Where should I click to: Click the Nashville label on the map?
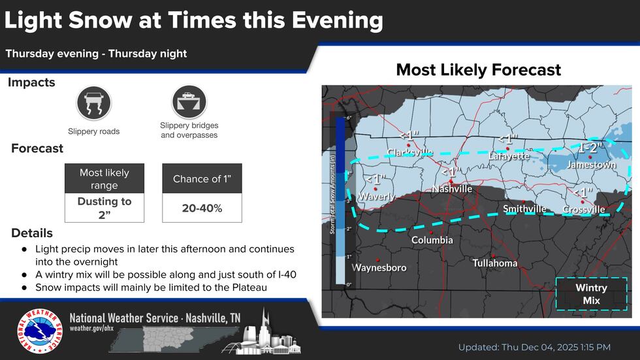[452, 189]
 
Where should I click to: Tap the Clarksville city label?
[409, 153]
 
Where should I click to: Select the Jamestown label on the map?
[591, 165]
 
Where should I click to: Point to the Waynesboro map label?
[379, 268]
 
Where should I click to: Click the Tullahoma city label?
[495, 263]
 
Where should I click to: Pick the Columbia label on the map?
[432, 240]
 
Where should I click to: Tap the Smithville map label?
[524, 209]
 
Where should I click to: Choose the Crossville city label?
[584, 210]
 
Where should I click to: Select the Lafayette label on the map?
[509, 156]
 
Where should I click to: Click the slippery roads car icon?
[94, 103]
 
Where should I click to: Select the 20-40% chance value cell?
[202, 208]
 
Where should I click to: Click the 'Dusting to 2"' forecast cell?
[104, 208]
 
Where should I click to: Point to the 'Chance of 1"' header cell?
[202, 179]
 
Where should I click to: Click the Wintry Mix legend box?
[591, 294]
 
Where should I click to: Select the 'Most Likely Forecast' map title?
[478, 70]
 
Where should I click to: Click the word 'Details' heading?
[32, 233]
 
